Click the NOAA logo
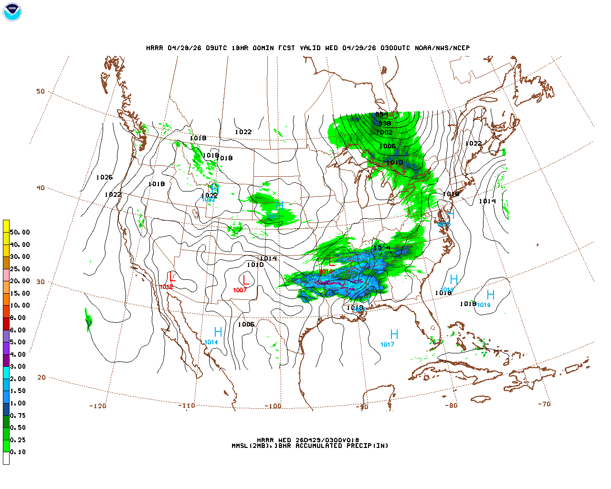(12, 12)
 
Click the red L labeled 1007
(245, 280)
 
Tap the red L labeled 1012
(172, 277)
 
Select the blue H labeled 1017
(394, 334)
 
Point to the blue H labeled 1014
(218, 332)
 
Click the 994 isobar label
(381, 115)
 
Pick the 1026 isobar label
(105, 178)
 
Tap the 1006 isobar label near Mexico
(246, 325)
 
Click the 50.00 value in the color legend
(20, 233)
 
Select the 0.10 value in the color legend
(18, 452)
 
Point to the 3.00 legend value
(18, 367)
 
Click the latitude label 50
(41, 92)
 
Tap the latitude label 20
(42, 377)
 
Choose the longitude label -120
(97, 406)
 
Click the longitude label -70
(544, 404)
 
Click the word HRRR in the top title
(155, 48)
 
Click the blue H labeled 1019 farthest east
(490, 295)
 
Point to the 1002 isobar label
(384, 133)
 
